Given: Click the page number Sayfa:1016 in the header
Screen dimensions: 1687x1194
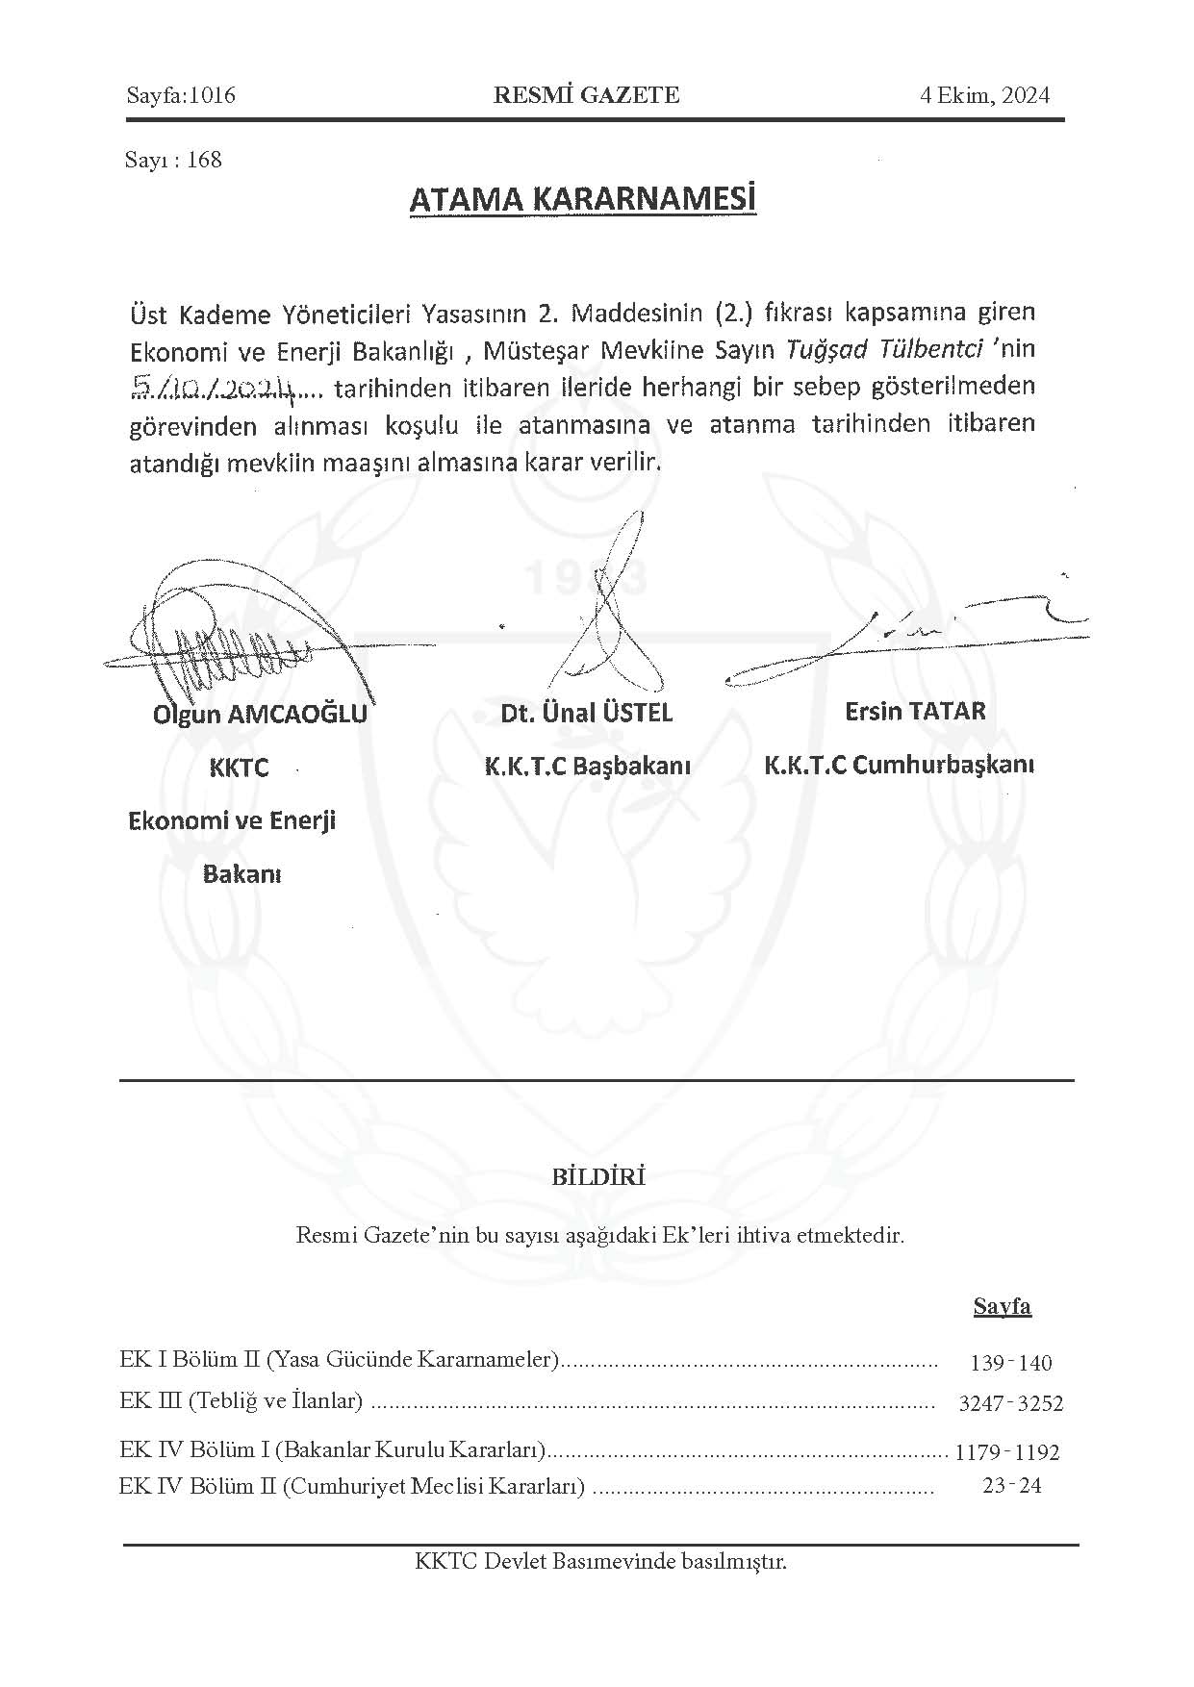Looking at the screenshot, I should [x=181, y=95].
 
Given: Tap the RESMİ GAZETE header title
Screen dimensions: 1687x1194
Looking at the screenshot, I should [x=586, y=95].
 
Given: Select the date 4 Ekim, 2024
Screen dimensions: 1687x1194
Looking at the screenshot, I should [x=984, y=95].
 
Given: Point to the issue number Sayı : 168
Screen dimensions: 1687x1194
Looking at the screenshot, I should [x=173, y=160].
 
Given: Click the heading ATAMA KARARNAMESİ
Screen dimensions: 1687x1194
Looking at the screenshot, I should [x=583, y=200].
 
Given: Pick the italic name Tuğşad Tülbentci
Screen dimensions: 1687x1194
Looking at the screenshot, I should [x=884, y=349].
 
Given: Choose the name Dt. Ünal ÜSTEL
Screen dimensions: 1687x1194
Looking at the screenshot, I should [x=586, y=713].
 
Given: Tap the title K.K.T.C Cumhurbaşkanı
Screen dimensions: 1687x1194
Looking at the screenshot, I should [x=899, y=766].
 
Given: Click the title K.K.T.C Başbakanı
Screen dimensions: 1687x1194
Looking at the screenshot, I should [x=587, y=767].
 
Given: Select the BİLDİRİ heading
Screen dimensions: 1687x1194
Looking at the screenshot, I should [x=598, y=1176].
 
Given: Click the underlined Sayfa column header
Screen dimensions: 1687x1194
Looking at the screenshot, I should [x=1002, y=1306].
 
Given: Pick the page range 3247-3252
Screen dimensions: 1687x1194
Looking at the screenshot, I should [x=1010, y=1403].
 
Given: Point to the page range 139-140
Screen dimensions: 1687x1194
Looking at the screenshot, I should [x=1011, y=1363].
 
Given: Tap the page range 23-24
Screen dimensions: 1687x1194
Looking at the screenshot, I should [x=1012, y=1486].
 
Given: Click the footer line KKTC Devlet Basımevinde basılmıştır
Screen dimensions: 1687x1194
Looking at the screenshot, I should [x=600, y=1561].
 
